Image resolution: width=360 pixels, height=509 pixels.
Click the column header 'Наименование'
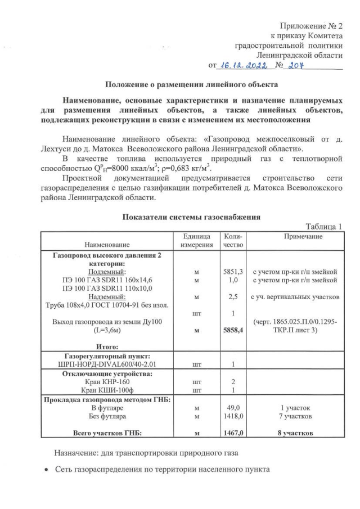coord(107,245)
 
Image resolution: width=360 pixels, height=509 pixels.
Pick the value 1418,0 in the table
coord(232,417)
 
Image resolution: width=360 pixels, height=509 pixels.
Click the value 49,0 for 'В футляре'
coord(233,408)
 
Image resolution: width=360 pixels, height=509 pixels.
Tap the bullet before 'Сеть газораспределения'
coord(47,469)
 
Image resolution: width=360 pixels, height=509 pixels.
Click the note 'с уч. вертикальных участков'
coord(295,296)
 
